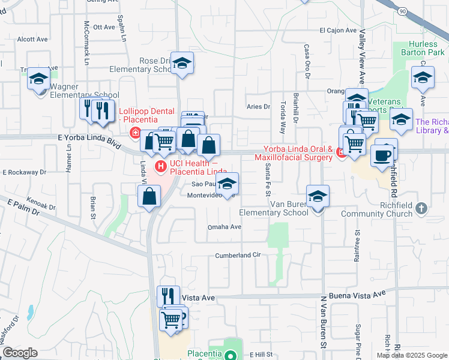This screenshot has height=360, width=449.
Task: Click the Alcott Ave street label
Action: (32, 39)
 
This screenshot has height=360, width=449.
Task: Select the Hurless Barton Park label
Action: (427, 49)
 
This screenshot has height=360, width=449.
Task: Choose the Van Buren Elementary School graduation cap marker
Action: (318, 196)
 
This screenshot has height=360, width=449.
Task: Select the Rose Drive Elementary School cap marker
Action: (182, 63)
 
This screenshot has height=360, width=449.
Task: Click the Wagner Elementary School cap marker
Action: (39, 79)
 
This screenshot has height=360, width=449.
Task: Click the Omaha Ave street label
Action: (224, 227)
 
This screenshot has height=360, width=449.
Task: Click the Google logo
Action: (20, 353)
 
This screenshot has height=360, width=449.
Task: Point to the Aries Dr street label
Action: (259, 107)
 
